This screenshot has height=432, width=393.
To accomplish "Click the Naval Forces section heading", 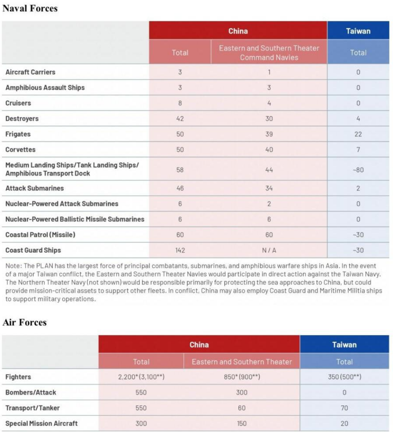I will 30,8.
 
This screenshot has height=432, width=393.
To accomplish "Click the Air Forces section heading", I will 24,322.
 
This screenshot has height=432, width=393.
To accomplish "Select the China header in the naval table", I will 238,31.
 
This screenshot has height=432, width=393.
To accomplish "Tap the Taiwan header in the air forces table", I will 344,345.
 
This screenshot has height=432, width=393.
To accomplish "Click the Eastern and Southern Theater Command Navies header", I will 269,53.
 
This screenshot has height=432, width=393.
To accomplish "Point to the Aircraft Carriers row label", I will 30,72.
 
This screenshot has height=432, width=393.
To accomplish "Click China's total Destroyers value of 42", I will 180,119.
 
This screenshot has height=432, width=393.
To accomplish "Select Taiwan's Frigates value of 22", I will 358,134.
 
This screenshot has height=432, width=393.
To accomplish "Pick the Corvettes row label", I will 20,150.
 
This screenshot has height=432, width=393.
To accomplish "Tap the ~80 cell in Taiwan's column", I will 358,170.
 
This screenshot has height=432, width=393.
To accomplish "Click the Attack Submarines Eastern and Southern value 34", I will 269,188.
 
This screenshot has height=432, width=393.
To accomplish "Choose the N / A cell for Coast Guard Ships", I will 269,250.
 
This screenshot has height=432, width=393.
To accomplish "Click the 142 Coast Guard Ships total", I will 180,250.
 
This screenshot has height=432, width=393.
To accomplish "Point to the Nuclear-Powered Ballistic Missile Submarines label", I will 75,219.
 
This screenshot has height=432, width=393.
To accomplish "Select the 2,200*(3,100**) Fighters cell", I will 141,377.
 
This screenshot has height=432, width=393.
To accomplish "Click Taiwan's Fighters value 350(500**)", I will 344,377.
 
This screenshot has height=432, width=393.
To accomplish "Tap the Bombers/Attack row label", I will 31,392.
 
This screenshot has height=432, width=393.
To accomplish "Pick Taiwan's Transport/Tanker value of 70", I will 344,408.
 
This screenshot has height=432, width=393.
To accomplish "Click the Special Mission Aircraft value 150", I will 242,424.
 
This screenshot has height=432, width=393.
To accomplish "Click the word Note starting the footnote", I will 12,266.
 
